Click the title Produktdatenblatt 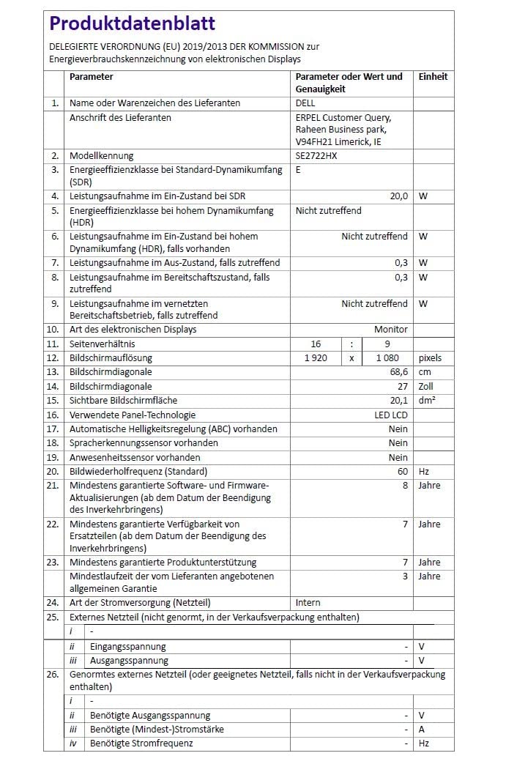click(133, 24)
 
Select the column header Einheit click(433, 77)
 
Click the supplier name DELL click(306, 103)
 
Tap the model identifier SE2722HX click(316, 156)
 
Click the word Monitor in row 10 click(391, 330)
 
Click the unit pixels click(431, 358)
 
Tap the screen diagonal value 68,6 click(399, 372)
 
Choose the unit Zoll click(427, 386)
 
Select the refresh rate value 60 click(403, 472)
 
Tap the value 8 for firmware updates click(405, 486)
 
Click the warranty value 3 click(405, 576)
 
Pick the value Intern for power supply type click(308, 603)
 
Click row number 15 click(53, 401)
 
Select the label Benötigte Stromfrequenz click(141, 743)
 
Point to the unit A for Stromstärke click(422, 730)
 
